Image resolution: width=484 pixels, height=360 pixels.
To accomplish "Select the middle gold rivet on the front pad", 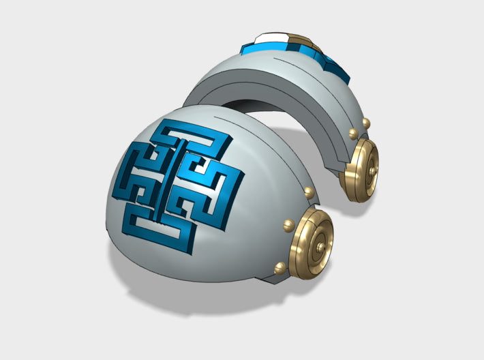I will point(288,223).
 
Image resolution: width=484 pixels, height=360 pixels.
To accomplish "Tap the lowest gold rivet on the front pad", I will point(279,266).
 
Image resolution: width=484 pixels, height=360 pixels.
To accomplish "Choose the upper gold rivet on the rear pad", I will point(366,123).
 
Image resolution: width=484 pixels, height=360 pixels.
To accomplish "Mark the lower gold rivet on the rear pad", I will point(353,133).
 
